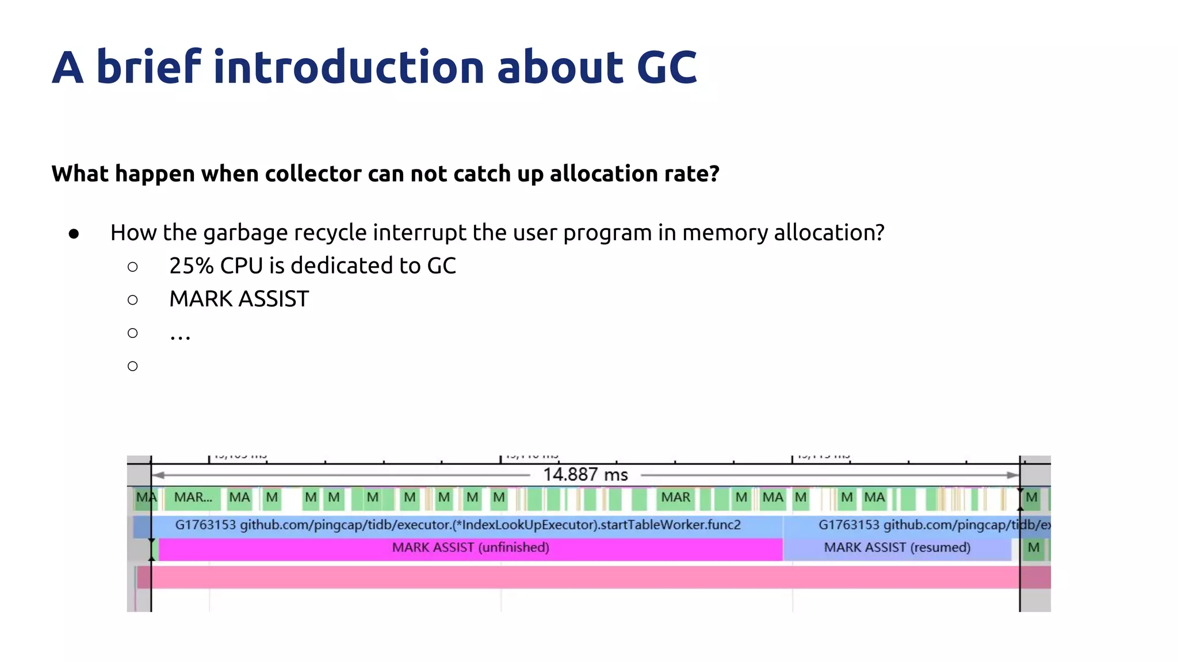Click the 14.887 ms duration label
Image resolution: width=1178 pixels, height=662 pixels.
[x=585, y=475]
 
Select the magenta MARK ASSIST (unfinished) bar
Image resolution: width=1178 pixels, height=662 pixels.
[x=470, y=548]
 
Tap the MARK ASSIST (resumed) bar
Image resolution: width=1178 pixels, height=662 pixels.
[x=897, y=548]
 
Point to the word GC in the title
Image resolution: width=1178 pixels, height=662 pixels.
[x=667, y=67]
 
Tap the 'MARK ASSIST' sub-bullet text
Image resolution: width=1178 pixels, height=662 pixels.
[x=239, y=299]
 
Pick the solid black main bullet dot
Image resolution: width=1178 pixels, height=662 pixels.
[x=74, y=233]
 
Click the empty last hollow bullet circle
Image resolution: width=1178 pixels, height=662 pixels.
[x=133, y=366]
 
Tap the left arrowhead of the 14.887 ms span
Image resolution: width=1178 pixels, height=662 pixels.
[x=159, y=475]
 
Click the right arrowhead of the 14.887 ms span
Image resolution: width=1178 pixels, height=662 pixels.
[x=1012, y=475]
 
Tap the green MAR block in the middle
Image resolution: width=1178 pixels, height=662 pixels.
[x=675, y=498]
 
